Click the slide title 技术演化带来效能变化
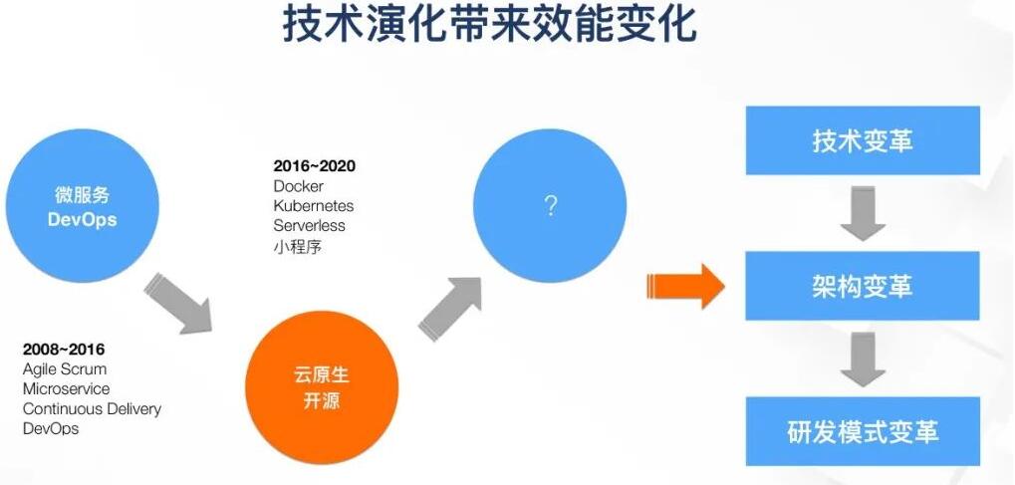(490, 25)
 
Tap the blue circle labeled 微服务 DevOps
(83, 206)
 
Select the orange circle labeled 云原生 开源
(322, 387)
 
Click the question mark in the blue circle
(550, 206)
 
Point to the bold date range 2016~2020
(314, 166)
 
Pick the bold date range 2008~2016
(64, 350)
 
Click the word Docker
(299, 186)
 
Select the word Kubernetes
(314, 206)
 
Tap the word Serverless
(309, 226)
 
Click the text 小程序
(297, 246)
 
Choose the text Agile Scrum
(65, 369)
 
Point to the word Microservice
(66, 389)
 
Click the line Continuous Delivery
(92, 409)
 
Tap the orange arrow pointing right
(685, 286)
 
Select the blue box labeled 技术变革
(863, 140)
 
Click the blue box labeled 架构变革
(863, 286)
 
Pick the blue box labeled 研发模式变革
(863, 431)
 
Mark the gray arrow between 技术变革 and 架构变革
(863, 213)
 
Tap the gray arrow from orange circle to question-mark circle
(451, 308)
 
